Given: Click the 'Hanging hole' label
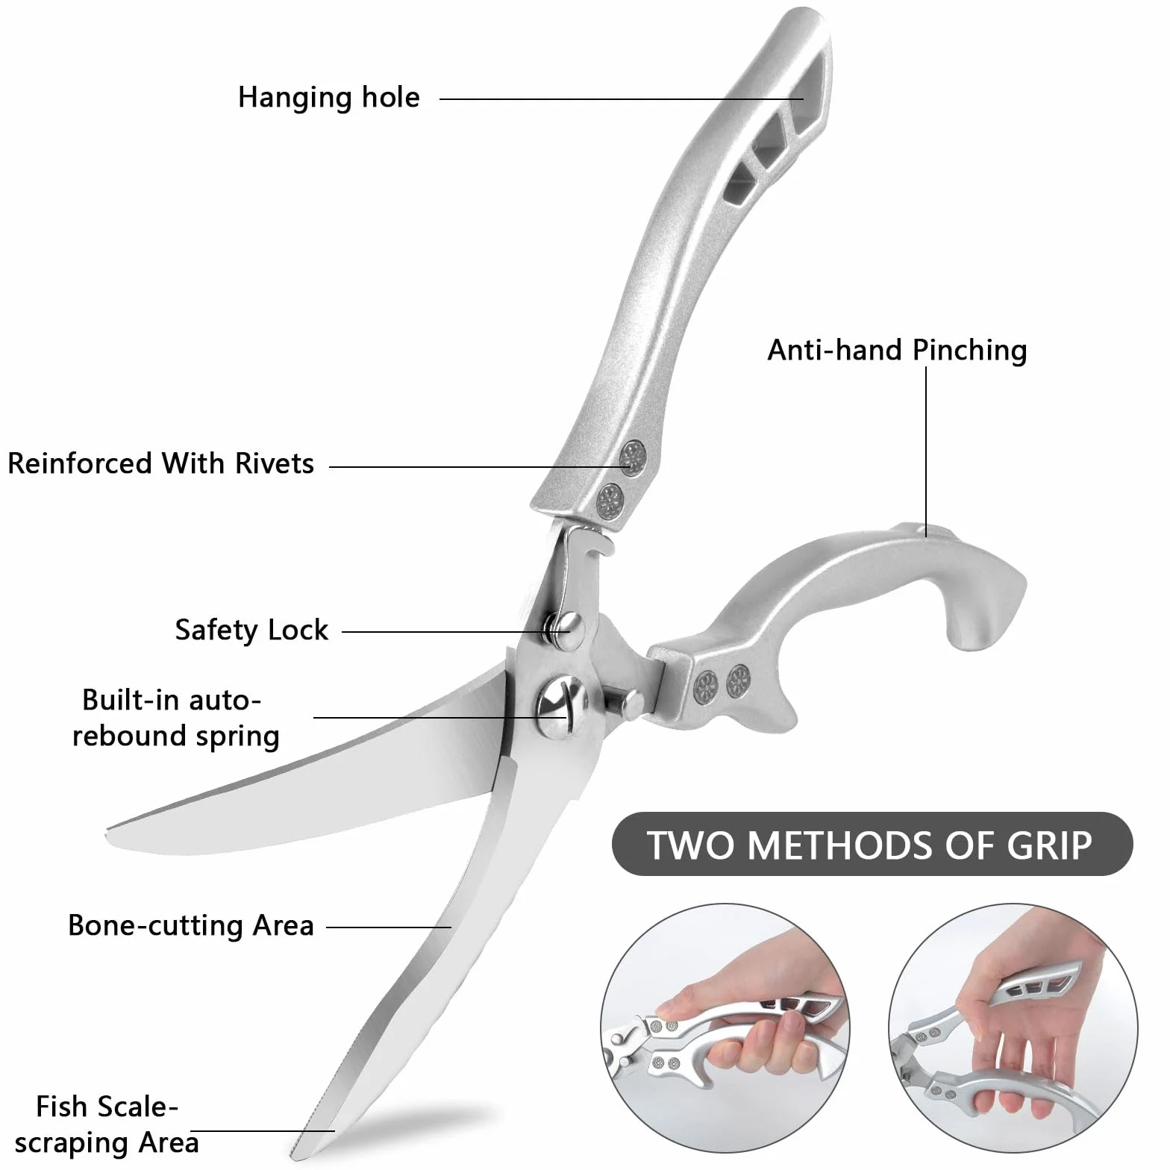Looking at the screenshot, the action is (x=328, y=98).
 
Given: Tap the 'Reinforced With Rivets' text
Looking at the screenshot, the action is (x=160, y=463).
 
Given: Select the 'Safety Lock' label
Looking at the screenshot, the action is (x=251, y=631).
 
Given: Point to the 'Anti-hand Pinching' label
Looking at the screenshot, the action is (x=897, y=350).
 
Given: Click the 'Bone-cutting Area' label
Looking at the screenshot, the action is (x=191, y=925).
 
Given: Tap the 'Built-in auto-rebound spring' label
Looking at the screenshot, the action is (x=175, y=718).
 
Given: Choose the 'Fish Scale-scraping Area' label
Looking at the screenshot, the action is (x=107, y=1124).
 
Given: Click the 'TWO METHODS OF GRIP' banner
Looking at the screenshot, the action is (x=872, y=844).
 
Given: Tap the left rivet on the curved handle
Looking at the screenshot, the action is (x=704, y=682).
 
